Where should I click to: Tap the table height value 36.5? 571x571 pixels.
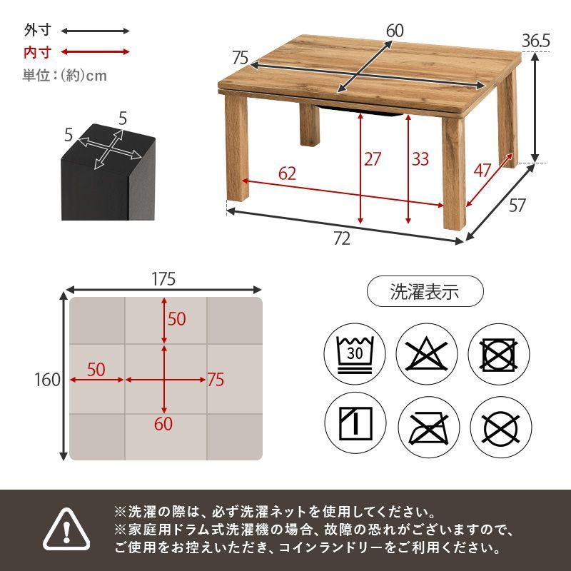pos(535,41)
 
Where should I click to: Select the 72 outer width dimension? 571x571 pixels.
pos(342,239)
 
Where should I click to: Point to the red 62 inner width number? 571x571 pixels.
pos(287,173)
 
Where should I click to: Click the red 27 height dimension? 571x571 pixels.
pos(373,158)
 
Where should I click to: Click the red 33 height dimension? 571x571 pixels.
pos(420,158)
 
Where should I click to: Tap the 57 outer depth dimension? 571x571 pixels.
pos(517,206)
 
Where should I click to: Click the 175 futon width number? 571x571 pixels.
pos(163,278)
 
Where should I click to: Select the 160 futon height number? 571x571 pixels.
pos(47,380)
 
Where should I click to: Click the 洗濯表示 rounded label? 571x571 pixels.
pos(425,291)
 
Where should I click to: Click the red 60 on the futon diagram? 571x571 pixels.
pos(163,424)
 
